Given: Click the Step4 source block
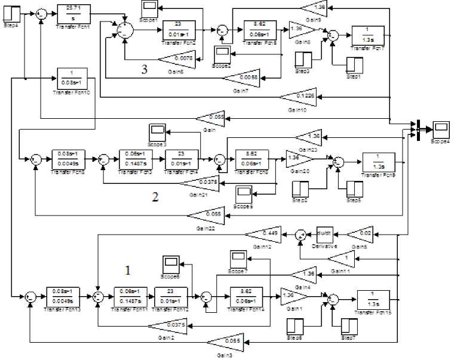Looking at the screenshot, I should [x=12, y=14].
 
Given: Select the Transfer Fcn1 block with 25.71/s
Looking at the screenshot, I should [x=74, y=14].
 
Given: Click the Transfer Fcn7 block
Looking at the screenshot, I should [x=367, y=35].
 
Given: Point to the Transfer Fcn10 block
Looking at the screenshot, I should [x=74, y=79].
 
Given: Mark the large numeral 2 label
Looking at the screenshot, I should [x=155, y=198].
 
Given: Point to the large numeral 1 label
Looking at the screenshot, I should [x=127, y=270].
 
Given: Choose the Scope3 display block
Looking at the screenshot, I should [x=158, y=130].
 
